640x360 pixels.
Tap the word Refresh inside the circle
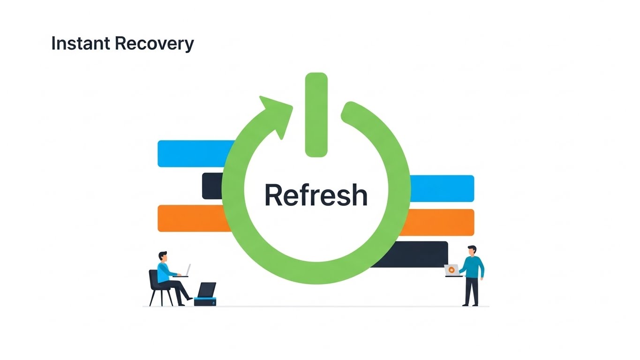click(x=316, y=195)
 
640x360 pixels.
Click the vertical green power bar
click(x=316, y=115)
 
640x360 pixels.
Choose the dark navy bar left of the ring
click(x=212, y=186)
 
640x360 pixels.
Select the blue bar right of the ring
click(x=442, y=188)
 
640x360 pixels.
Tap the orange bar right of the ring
click(x=438, y=222)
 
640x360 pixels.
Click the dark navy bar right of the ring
click(x=413, y=254)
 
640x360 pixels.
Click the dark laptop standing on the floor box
click(x=206, y=290)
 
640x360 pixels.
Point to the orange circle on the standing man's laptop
click(x=451, y=270)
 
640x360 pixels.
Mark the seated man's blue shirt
click(x=164, y=272)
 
